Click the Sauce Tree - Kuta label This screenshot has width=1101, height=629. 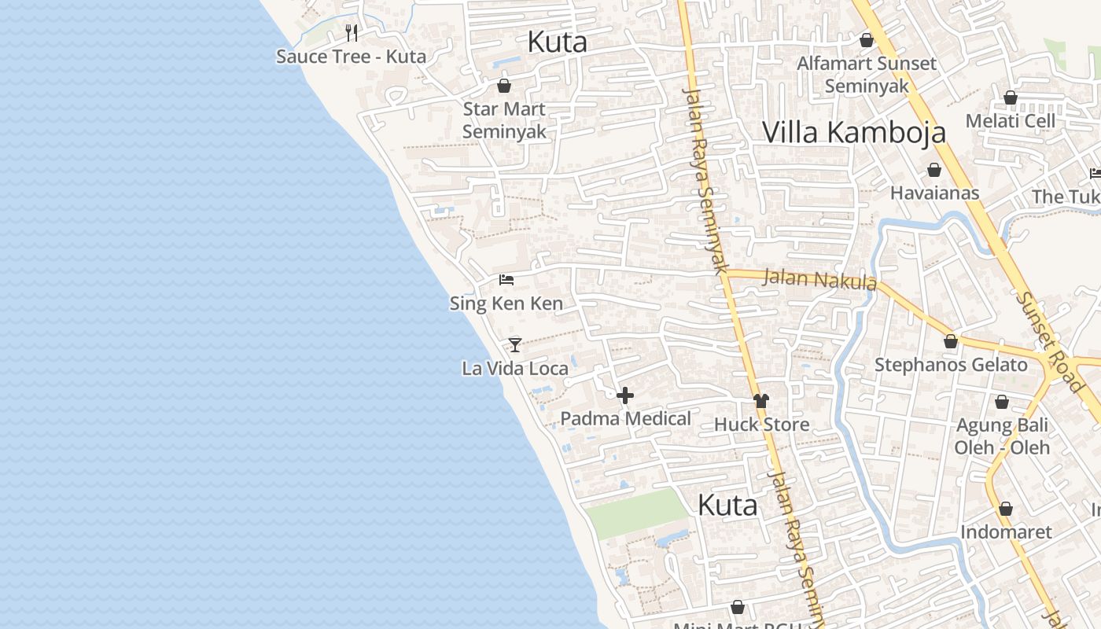pyautogui.click(x=351, y=57)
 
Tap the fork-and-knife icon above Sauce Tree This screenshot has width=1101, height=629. pyautogui.click(x=352, y=32)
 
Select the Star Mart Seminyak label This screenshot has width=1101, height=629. pyautogui.click(x=504, y=120)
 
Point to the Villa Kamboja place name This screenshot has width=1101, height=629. pyautogui.click(x=854, y=132)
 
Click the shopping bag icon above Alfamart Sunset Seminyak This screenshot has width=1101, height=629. pyautogui.click(x=867, y=40)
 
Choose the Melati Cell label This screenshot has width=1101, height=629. pyautogui.click(x=1011, y=121)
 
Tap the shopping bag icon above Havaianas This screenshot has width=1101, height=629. pyautogui.click(x=934, y=170)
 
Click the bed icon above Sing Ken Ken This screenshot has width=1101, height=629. pyautogui.click(x=506, y=280)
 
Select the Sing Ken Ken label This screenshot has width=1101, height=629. pyautogui.click(x=506, y=303)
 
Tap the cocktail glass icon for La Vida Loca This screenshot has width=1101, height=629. pyautogui.click(x=515, y=344)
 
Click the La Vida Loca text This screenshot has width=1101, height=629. pyautogui.click(x=515, y=368)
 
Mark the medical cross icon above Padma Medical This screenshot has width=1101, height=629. pyautogui.click(x=625, y=395)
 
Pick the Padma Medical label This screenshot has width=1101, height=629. pyautogui.click(x=625, y=419)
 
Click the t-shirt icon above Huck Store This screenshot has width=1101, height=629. pyautogui.click(x=760, y=401)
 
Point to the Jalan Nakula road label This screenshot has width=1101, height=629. pyautogui.click(x=819, y=279)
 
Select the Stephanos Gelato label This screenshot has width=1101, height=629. pyautogui.click(x=951, y=365)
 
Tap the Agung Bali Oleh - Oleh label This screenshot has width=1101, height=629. pyautogui.click(x=1002, y=436)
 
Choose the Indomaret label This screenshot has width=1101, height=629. pyautogui.click(x=1005, y=532)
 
